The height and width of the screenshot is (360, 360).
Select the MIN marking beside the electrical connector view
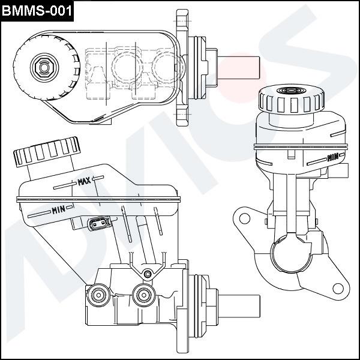(x=58, y=209)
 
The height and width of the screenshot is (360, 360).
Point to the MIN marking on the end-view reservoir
(x=332, y=158)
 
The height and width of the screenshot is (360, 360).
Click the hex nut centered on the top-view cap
(x=43, y=65)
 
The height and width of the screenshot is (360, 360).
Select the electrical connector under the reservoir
(x=99, y=224)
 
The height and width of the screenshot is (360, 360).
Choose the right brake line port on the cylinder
(x=143, y=294)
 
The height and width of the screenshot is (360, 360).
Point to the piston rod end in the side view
(x=240, y=308)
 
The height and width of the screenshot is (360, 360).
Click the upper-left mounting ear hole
(x=244, y=218)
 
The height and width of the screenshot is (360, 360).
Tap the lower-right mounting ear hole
(x=338, y=289)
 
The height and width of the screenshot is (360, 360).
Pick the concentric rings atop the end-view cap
(x=292, y=91)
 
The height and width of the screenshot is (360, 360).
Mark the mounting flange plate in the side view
(x=182, y=307)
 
